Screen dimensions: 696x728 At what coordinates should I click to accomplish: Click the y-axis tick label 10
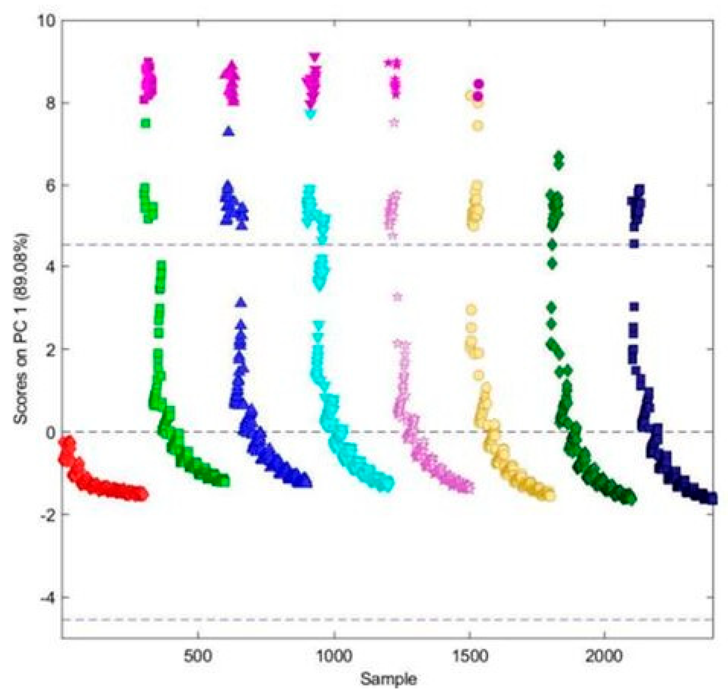[x=45, y=20]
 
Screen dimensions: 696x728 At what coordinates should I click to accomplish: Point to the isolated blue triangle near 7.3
[x=229, y=131]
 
